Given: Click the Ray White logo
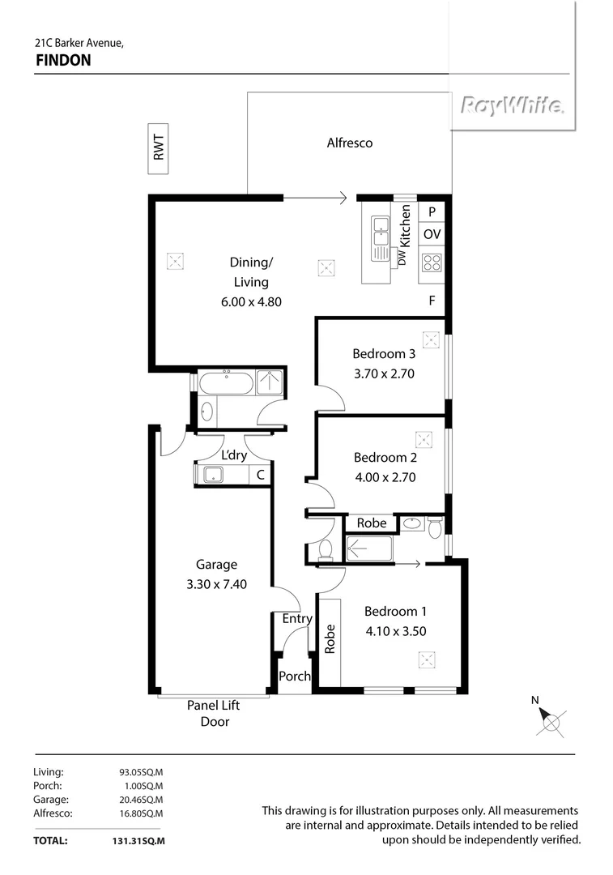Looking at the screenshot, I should coord(513,105).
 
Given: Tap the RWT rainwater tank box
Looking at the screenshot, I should coord(158,148).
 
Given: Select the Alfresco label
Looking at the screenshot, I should coord(349,143).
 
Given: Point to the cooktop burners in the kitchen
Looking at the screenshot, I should coord(432,262).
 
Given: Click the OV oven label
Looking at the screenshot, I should coord(432,234).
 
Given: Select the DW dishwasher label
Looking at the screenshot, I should coord(401,257).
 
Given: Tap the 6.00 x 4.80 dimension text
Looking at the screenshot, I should coord(251,301).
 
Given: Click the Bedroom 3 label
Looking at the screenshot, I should coord(384,353).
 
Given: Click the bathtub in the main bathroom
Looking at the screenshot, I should coord(227,382).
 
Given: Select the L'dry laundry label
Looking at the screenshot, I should coord(233,456).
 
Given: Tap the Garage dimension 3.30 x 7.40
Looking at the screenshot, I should coord(216,583).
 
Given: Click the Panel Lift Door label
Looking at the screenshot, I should coord(214,713).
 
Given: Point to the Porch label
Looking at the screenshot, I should coord(294,676).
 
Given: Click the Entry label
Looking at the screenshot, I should coord(297,619).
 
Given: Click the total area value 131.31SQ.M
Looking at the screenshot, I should coord(139,841).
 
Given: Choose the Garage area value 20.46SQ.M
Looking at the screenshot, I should coord(141,800).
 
